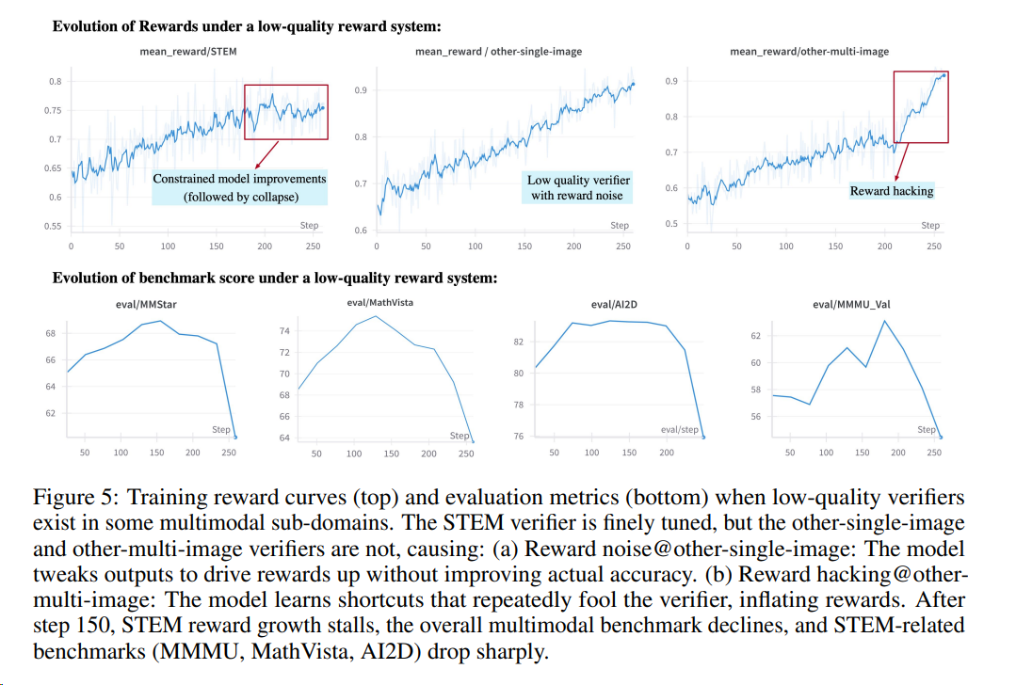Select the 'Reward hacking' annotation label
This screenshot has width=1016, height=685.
pyautogui.click(x=891, y=191)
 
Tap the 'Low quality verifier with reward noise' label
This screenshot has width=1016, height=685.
pyautogui.click(x=578, y=187)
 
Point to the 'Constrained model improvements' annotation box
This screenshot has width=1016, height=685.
pyautogui.click(x=239, y=186)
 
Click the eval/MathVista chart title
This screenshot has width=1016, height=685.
pyautogui.click(x=379, y=302)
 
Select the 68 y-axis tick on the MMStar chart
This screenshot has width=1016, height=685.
pyautogui.click(x=50, y=334)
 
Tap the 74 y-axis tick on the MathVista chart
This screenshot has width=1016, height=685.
pyautogui.click(x=284, y=331)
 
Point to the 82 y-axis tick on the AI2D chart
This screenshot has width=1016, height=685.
pyautogui.click(x=517, y=342)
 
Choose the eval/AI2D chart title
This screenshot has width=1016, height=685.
pyautogui.click(x=615, y=305)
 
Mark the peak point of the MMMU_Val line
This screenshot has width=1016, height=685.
pyautogui.click(x=884, y=321)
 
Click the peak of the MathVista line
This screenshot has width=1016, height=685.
pyautogui.click(x=376, y=316)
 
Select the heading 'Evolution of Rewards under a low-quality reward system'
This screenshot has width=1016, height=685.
pyautogui.click(x=247, y=26)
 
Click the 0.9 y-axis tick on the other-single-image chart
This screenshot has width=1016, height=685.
pyautogui.click(x=361, y=90)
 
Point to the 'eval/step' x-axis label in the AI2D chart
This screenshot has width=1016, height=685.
pyautogui.click(x=680, y=429)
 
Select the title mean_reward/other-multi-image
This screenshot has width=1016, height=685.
pyautogui.click(x=809, y=52)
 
